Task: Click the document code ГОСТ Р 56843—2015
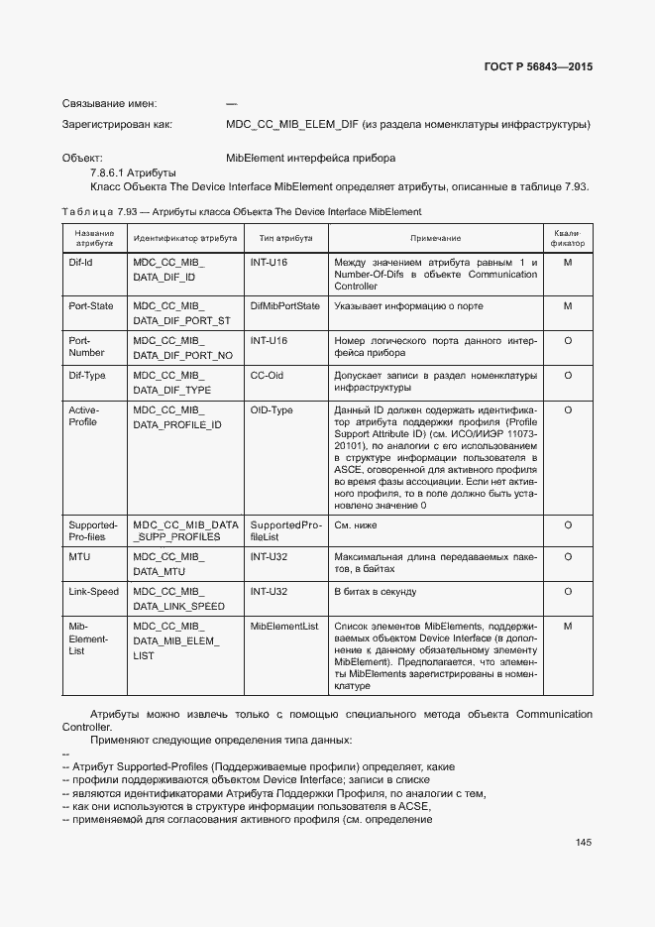[x=539, y=67]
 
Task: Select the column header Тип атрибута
[x=285, y=239]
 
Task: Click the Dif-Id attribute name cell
[x=80, y=263]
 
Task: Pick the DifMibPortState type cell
[x=285, y=306]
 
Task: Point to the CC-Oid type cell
[x=269, y=376]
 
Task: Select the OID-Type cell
[x=272, y=410]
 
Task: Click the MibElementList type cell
[x=284, y=627]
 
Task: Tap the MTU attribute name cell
[x=79, y=557]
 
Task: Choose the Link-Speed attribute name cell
[x=93, y=592]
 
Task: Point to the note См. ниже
[x=356, y=525]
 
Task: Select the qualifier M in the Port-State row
[x=568, y=306]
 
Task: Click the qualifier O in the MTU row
[x=568, y=557]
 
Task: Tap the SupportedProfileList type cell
[x=285, y=531]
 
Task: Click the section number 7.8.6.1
[x=107, y=173]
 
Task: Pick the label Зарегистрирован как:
[x=117, y=125]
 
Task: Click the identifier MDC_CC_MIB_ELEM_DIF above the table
[x=292, y=125]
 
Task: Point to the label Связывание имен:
[x=109, y=104]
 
